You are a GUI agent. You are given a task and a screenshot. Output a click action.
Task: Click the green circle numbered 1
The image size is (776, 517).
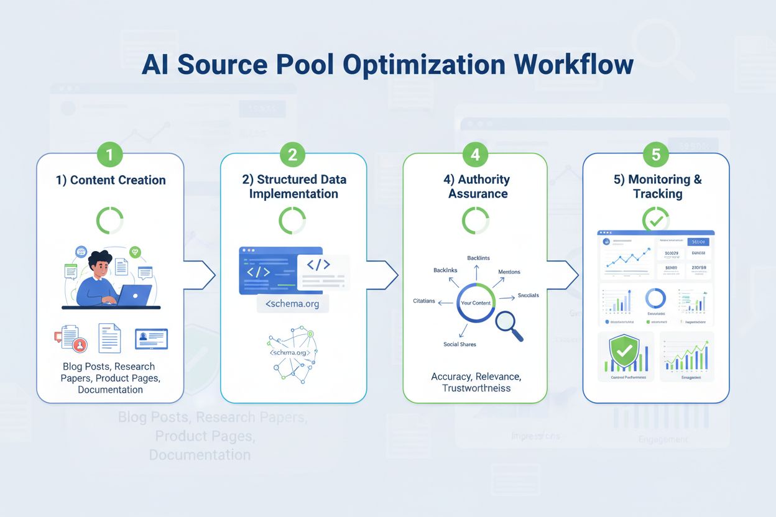pos(110,154)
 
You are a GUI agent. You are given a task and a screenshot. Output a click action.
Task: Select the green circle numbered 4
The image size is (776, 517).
pos(475,154)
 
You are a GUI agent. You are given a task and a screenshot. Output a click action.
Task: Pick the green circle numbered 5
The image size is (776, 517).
pos(656,154)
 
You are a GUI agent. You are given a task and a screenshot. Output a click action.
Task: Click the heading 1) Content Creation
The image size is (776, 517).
pos(110,180)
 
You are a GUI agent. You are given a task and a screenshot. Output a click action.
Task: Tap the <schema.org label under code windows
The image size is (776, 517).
pos(293,304)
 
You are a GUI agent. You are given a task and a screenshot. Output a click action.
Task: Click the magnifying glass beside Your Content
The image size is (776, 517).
pos(508,325)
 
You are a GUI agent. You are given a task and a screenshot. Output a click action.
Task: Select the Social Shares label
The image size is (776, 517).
pos(460,344)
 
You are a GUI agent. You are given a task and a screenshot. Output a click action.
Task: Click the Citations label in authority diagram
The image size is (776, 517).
pos(423,301)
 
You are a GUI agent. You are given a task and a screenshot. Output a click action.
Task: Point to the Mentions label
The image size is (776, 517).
pos(509,272)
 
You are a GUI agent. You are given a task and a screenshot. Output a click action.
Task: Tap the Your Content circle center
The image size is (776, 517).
pos(476,303)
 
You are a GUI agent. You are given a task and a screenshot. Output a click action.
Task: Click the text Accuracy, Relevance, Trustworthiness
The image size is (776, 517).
pos(476,382)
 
